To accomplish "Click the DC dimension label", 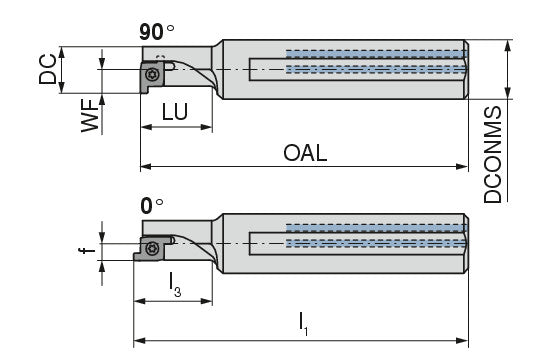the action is pyautogui.click(x=48, y=69).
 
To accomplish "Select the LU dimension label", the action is pyautogui.click(x=175, y=112).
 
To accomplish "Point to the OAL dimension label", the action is pyautogui.click(x=305, y=153).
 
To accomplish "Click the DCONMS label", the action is pyautogui.click(x=493, y=154).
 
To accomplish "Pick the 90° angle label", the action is pyautogui.click(x=157, y=32).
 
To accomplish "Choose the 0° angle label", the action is pyautogui.click(x=152, y=206).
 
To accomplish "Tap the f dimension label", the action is pyautogui.click(x=87, y=250).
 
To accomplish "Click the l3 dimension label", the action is pyautogui.click(x=175, y=285).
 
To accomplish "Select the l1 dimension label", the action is pyautogui.click(x=303, y=324).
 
